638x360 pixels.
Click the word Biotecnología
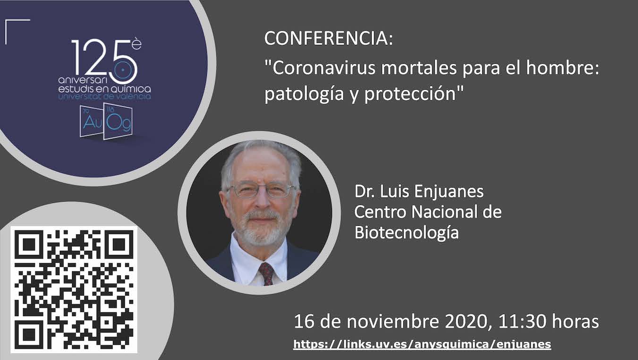coord(407,233)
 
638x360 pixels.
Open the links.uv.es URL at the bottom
coord(422,344)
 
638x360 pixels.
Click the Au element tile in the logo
coord(91,121)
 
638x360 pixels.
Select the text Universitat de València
coord(104,97)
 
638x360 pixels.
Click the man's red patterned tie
coord(267,274)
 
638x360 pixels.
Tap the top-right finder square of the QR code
coord(119,245)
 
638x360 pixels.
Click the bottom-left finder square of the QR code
coord(29,334)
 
